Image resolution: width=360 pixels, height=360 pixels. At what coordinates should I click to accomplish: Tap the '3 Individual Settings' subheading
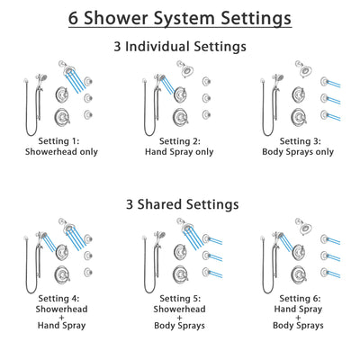click(x=180, y=45)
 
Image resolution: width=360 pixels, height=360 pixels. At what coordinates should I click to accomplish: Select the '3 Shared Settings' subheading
click(x=180, y=204)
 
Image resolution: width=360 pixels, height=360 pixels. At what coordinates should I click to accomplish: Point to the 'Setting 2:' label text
click(x=180, y=142)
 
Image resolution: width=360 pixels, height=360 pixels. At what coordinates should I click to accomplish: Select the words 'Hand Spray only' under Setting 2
click(x=180, y=153)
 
